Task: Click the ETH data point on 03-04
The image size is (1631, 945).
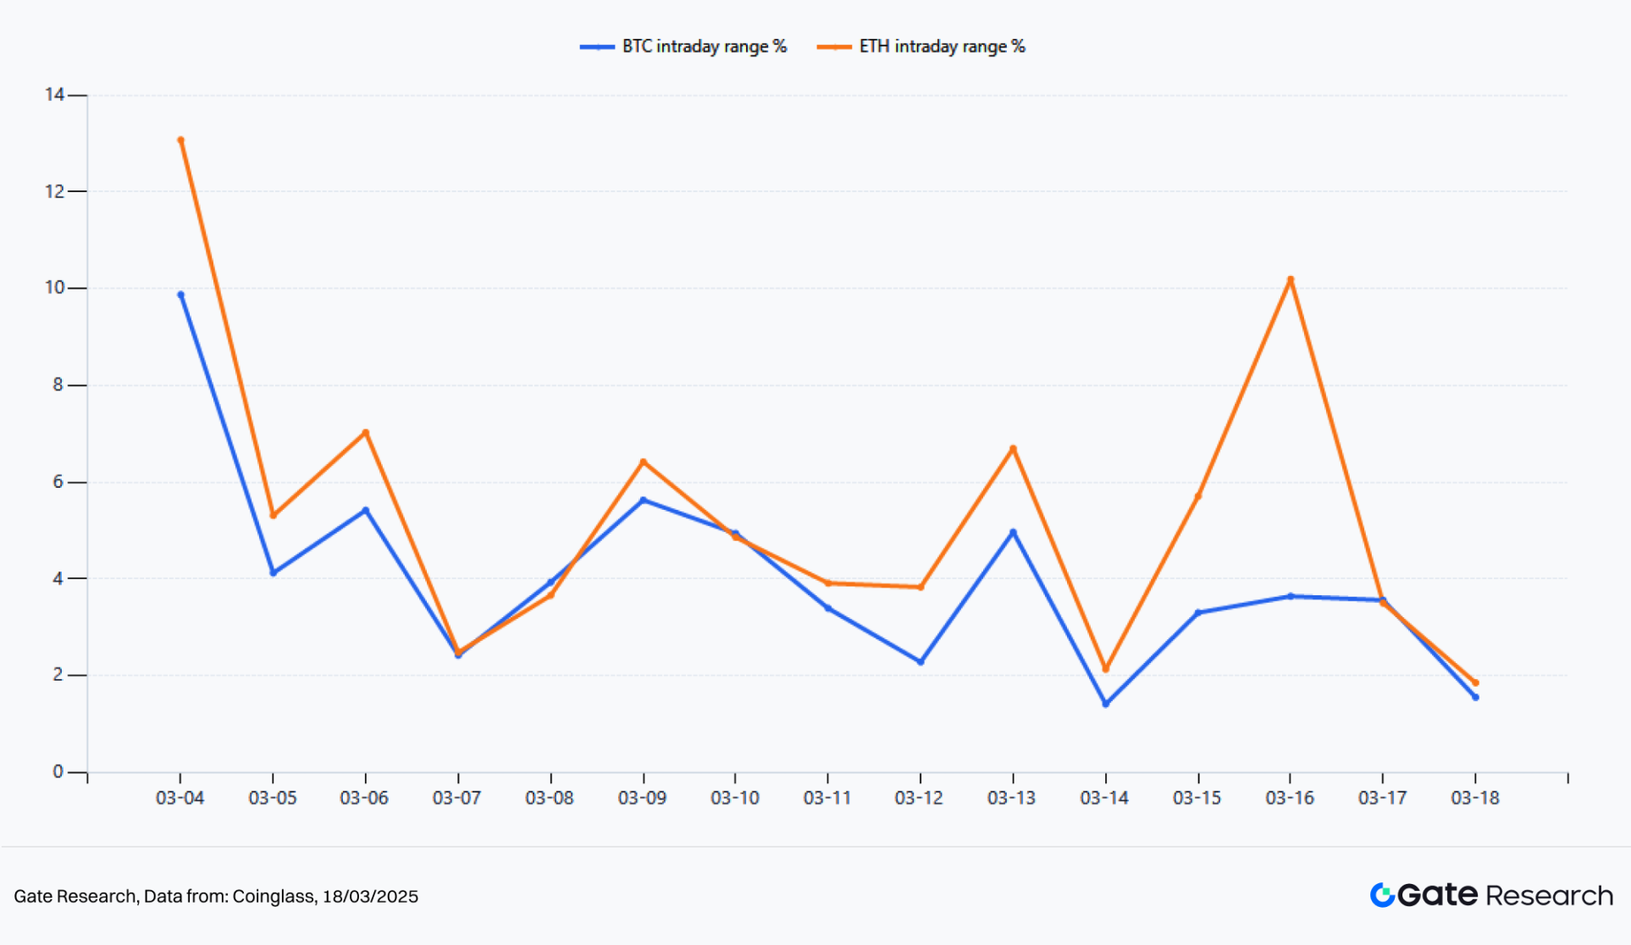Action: [x=180, y=141]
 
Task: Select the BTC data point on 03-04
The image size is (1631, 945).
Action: [x=180, y=295]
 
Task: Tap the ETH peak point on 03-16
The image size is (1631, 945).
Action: [x=1290, y=279]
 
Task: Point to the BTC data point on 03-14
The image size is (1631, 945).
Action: [x=1105, y=704]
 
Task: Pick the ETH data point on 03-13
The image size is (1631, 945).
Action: [x=1013, y=449]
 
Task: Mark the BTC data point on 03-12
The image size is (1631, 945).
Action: [x=921, y=661]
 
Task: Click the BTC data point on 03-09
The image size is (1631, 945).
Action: [x=644, y=500]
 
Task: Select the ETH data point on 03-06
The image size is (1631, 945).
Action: [x=366, y=433]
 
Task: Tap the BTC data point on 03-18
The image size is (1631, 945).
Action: [x=1475, y=698]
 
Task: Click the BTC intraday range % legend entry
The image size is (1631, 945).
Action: [x=684, y=47]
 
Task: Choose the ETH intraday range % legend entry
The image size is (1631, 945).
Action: [x=921, y=47]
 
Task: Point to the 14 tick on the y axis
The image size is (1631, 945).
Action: [x=55, y=95]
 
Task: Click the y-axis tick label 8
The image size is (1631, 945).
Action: [x=58, y=385]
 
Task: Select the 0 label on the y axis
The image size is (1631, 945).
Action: [x=58, y=771]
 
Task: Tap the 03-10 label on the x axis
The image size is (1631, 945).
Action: [x=734, y=798]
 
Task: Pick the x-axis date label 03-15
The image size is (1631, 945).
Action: [x=1197, y=798]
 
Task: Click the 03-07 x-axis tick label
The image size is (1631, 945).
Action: [x=456, y=798]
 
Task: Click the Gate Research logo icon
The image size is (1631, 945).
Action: [x=1382, y=895]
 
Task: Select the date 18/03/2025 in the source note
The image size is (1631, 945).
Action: [x=370, y=896]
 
